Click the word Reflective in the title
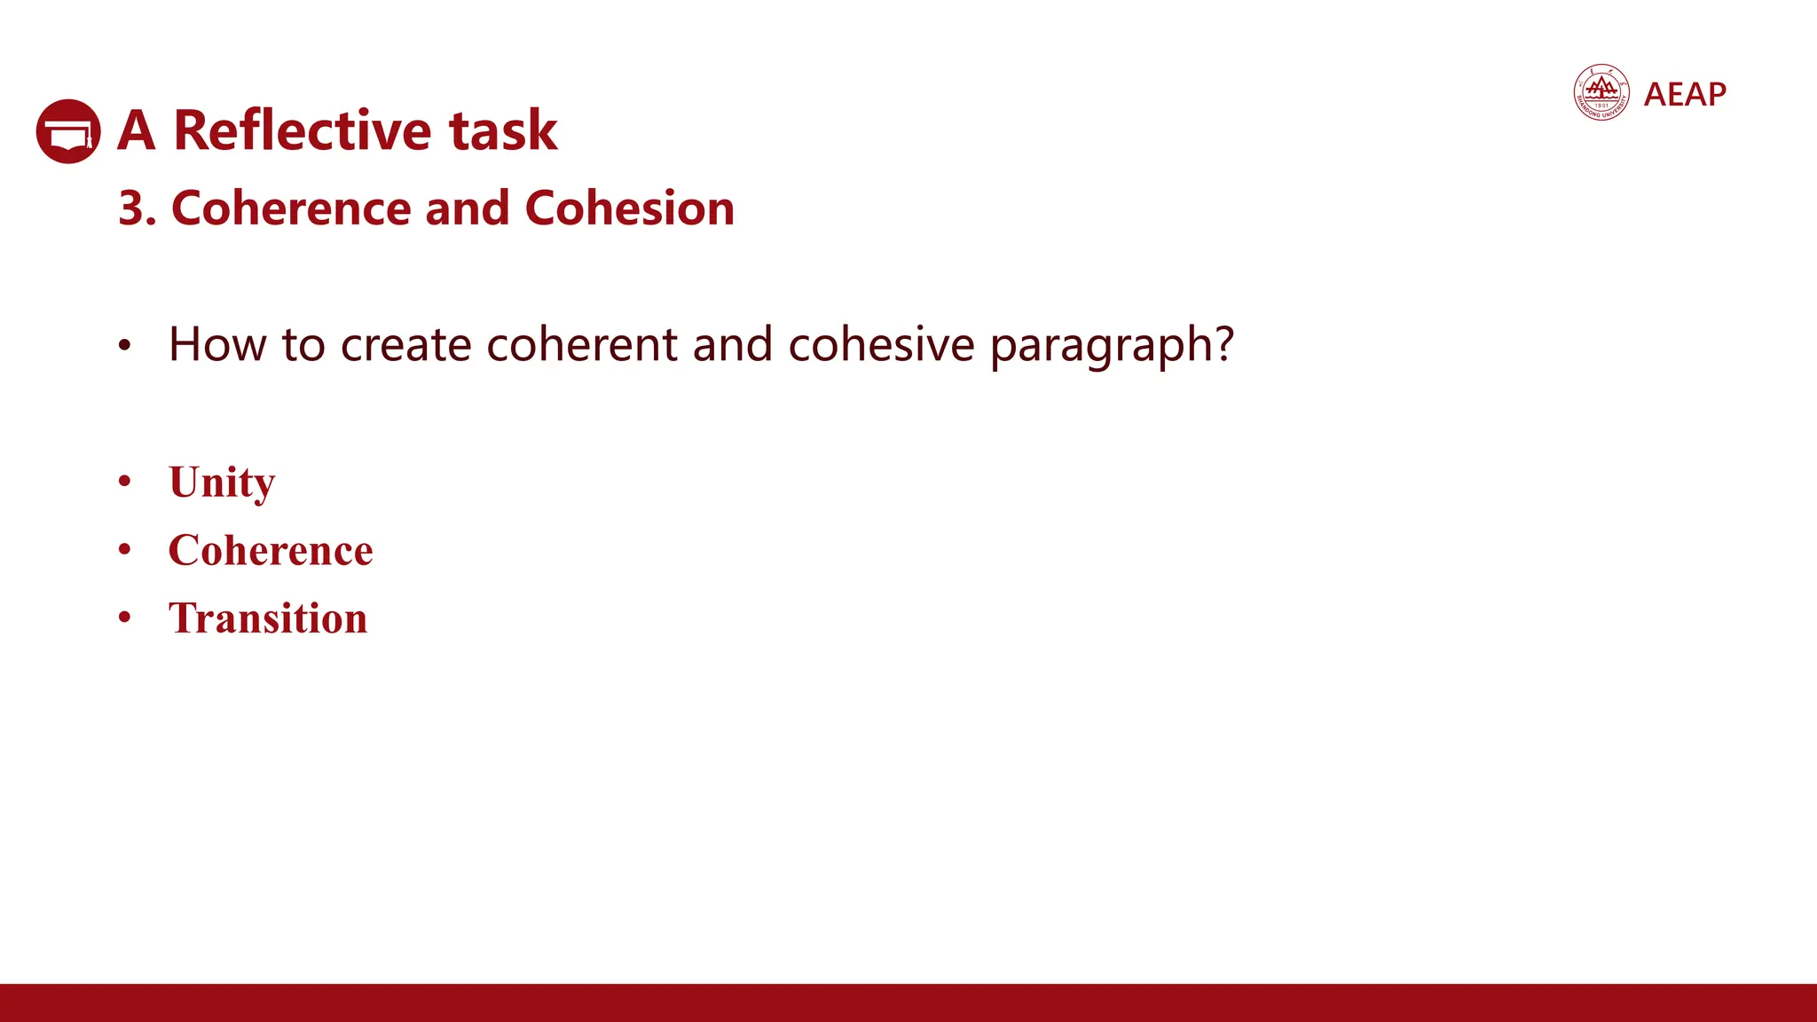(x=303, y=130)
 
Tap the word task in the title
(x=502, y=130)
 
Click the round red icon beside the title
(x=68, y=131)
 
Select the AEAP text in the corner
(x=1685, y=94)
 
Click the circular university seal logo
(x=1601, y=92)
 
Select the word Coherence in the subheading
(x=291, y=208)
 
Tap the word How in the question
(x=217, y=344)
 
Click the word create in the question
(x=405, y=344)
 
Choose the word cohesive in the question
(x=881, y=344)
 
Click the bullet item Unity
(x=222, y=483)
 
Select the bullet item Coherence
(x=271, y=550)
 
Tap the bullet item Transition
(x=268, y=618)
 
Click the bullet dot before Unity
(x=125, y=482)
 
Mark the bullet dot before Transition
(x=125, y=617)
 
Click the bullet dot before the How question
(x=125, y=346)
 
